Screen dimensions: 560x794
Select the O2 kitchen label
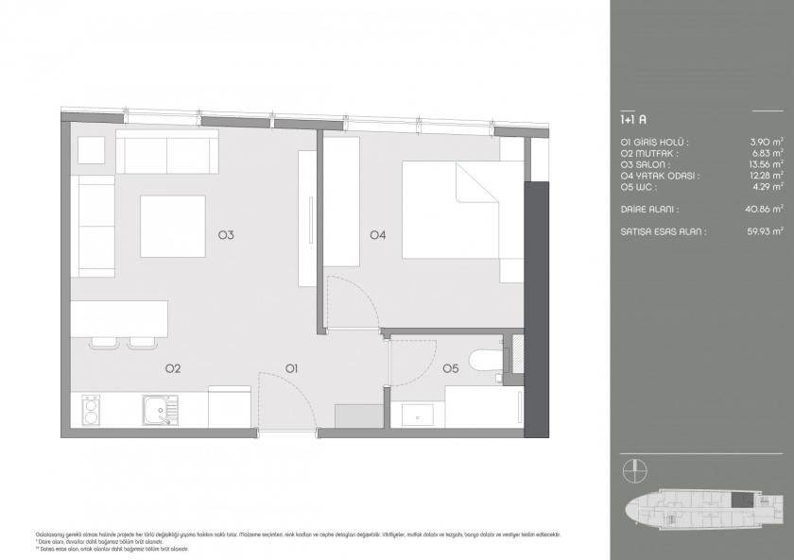pyautogui.click(x=173, y=367)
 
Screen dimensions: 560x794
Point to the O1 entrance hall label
pyautogui.click(x=292, y=367)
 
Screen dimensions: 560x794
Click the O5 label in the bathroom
pyautogui.click(x=450, y=367)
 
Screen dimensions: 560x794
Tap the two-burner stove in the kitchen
pyautogui.click(x=91, y=411)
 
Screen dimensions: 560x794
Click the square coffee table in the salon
pyautogui.click(x=174, y=226)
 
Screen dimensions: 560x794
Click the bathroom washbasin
pyautogui.click(x=417, y=414)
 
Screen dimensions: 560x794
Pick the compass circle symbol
pyautogui.click(x=634, y=469)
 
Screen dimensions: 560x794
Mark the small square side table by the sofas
pyautogui.click(x=92, y=151)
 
